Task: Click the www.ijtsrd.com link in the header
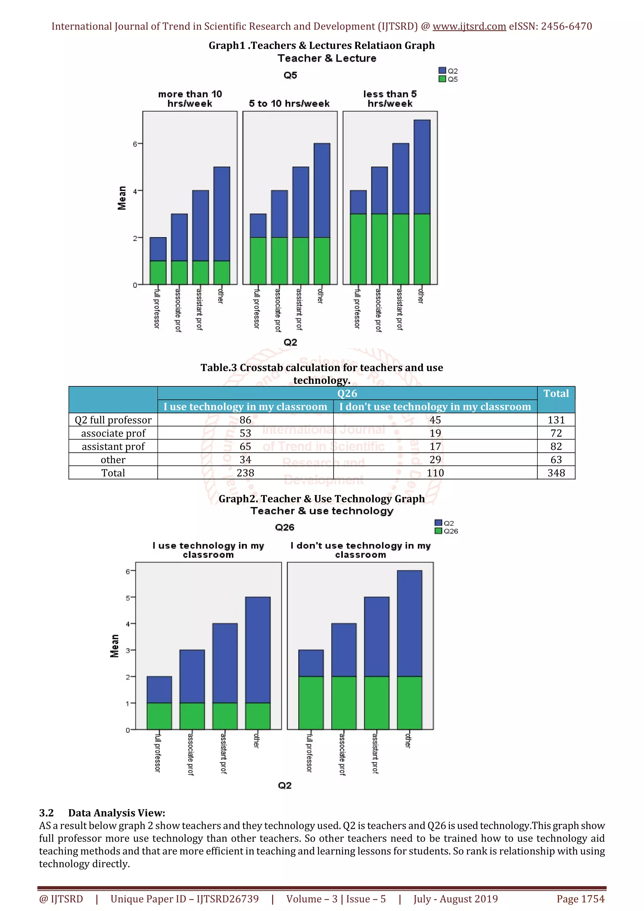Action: pyautogui.click(x=469, y=27)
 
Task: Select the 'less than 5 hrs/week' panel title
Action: pyautogui.click(x=390, y=99)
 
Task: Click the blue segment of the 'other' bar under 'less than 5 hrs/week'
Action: pyautogui.click(x=422, y=167)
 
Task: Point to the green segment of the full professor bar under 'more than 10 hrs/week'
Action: pyautogui.click(x=158, y=273)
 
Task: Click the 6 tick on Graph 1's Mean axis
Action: pyautogui.click(x=135, y=144)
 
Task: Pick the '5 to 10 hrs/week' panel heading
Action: pyautogui.click(x=289, y=103)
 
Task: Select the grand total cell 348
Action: pyautogui.click(x=556, y=473)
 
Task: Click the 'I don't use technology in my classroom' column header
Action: pyautogui.click(x=435, y=407)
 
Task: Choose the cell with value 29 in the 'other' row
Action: pyautogui.click(x=435, y=460)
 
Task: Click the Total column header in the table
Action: pyautogui.click(x=556, y=394)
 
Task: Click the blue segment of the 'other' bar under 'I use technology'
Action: pyautogui.click(x=258, y=650)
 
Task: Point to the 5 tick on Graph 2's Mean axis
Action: pyautogui.click(x=128, y=598)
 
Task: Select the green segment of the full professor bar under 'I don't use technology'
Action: pyautogui.click(x=311, y=703)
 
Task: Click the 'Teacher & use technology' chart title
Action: pyautogui.click(x=322, y=511)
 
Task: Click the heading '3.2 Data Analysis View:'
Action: pyautogui.click(x=102, y=813)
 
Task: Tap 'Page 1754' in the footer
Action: pyautogui.click(x=580, y=899)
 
